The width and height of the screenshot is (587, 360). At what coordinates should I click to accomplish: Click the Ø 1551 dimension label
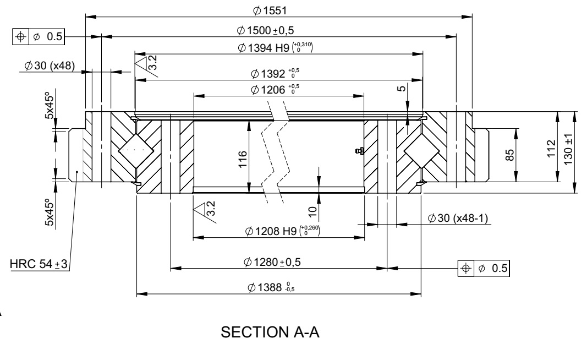tap(271, 10)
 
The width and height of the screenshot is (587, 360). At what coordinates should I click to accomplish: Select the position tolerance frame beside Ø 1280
tap(484, 268)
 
